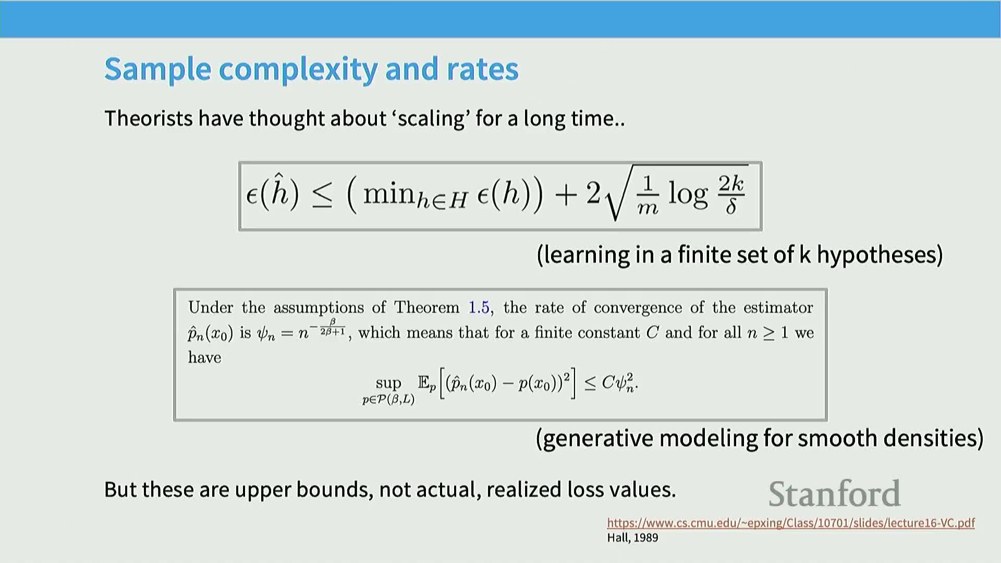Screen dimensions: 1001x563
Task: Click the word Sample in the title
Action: coord(157,70)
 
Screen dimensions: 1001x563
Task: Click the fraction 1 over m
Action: coord(648,195)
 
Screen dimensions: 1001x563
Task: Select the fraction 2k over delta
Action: coord(731,194)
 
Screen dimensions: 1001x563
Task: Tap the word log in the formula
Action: coord(688,194)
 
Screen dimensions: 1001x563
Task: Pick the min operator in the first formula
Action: coord(388,194)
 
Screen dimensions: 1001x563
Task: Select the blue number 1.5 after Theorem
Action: coord(479,308)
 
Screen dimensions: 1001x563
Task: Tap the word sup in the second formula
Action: coord(388,384)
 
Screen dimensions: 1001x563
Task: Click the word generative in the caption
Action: coord(596,438)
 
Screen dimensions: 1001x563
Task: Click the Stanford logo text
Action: coord(835,493)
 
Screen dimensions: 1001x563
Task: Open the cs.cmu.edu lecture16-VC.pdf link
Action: coord(791,523)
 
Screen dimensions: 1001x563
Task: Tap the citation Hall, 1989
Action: coord(632,537)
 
